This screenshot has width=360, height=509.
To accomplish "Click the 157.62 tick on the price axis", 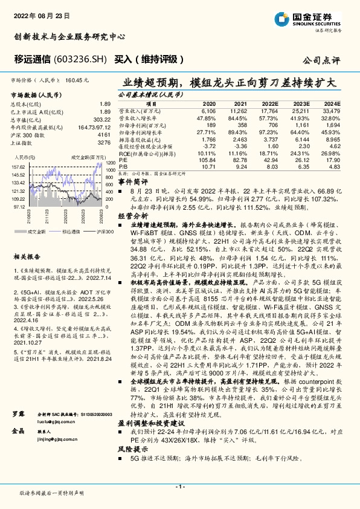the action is [x=19, y=167].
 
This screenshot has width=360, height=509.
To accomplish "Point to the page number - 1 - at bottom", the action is [x=179, y=487].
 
